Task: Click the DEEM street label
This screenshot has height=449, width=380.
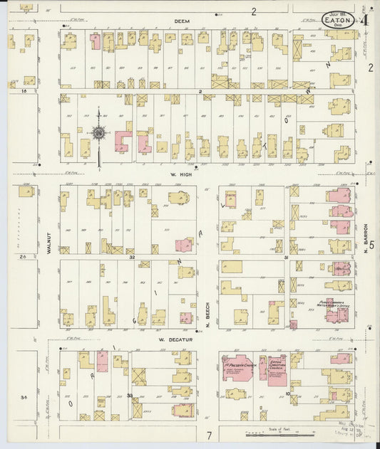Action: click(180, 21)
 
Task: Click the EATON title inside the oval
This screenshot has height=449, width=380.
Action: click(337, 21)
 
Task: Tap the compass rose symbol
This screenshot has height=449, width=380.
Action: click(98, 133)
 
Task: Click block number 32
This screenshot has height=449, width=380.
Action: click(131, 256)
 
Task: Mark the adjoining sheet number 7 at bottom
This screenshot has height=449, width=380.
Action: click(210, 435)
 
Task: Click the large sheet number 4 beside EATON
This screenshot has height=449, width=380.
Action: click(365, 20)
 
